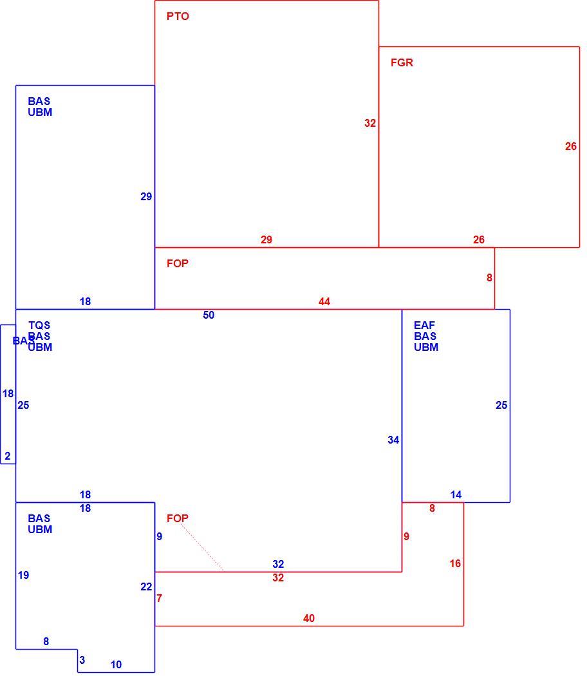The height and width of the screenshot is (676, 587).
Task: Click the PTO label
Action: tap(178, 16)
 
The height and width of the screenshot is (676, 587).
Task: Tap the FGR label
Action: tap(402, 62)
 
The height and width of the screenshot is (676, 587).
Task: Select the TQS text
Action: tap(39, 325)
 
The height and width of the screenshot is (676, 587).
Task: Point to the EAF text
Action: tap(425, 325)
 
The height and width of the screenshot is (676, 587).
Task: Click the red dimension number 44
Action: tap(324, 301)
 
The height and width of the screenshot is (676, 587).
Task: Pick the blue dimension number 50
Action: tap(209, 315)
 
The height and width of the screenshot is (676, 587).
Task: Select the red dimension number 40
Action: tap(308, 618)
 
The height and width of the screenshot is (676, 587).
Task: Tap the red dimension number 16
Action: tap(455, 563)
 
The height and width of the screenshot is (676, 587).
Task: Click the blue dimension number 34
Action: tap(393, 440)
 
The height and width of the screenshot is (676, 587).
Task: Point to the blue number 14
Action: tap(456, 494)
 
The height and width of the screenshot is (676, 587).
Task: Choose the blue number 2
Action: tap(7, 456)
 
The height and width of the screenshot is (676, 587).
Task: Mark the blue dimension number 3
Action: tap(82, 660)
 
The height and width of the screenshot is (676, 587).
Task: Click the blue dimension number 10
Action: tap(116, 664)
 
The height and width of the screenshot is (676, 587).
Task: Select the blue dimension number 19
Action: tap(23, 575)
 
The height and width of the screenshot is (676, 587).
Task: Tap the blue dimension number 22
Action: tap(146, 587)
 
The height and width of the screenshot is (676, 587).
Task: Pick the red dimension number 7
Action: tap(159, 598)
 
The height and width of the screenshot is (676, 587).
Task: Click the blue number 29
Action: tap(146, 196)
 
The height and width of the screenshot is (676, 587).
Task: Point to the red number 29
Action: tap(266, 239)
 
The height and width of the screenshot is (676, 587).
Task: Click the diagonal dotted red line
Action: tap(201, 547)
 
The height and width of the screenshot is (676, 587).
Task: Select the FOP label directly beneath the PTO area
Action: tap(178, 263)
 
